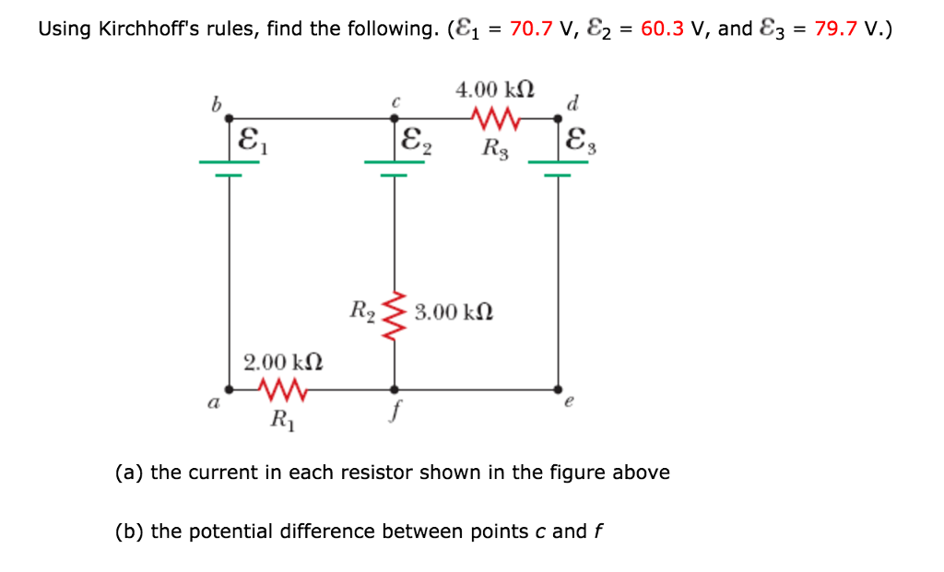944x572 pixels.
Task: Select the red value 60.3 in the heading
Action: tap(662, 29)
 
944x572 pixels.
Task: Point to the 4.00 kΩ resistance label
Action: tap(495, 90)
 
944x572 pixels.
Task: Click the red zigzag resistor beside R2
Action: tap(395, 316)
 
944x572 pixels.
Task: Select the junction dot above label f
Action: tap(395, 389)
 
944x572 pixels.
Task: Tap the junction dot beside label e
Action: tap(558, 389)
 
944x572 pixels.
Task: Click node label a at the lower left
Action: tap(214, 403)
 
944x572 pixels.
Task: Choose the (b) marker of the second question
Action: tap(128, 531)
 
